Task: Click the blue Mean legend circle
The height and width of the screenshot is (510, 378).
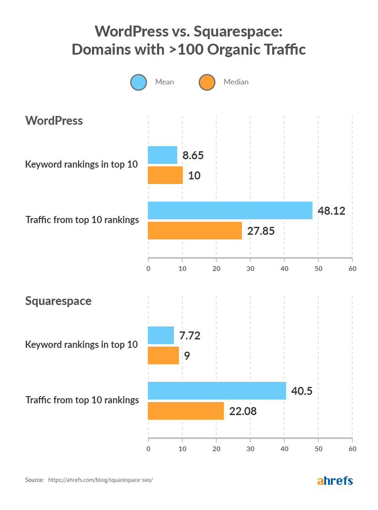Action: tap(139, 82)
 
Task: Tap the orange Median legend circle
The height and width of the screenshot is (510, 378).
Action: tap(207, 82)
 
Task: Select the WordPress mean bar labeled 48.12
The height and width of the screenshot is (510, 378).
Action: tap(230, 210)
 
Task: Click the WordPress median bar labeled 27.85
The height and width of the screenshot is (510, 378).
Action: tap(194, 231)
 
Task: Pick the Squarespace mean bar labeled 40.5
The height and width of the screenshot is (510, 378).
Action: tap(217, 391)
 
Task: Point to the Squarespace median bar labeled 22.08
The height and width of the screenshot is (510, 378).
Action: tap(186, 411)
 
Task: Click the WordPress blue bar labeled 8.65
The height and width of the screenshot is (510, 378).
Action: tap(163, 155)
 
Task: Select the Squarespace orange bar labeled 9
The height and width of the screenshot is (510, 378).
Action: tap(163, 355)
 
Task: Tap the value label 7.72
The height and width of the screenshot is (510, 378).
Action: tap(190, 336)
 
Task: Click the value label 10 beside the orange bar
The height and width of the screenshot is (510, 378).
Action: tap(194, 176)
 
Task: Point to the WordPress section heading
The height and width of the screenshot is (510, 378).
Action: tap(54, 121)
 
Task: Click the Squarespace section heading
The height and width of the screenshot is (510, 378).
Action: tap(58, 301)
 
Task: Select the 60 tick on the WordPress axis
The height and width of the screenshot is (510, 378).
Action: tap(352, 268)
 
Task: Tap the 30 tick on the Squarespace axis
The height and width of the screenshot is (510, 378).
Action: tap(250, 449)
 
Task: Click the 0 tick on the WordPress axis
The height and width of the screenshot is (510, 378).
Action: tap(148, 268)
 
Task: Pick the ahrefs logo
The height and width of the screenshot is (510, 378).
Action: tap(335, 481)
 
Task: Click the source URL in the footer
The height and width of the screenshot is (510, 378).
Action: tap(100, 480)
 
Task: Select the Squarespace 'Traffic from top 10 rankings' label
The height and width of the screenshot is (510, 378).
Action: tap(82, 400)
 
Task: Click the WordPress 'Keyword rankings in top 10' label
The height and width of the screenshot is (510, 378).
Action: tap(81, 164)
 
